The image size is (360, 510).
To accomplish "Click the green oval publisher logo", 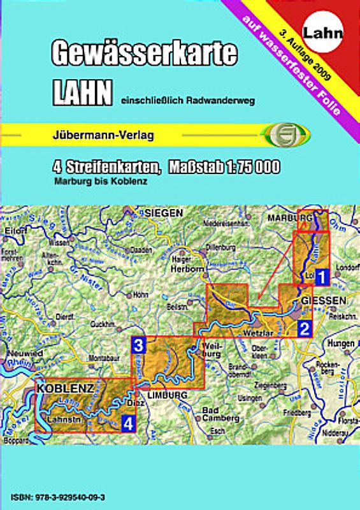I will (285, 135).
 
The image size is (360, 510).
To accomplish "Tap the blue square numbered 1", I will (322, 277).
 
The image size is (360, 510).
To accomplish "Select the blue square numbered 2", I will (305, 329).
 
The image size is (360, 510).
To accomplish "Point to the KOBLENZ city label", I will (66, 388).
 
